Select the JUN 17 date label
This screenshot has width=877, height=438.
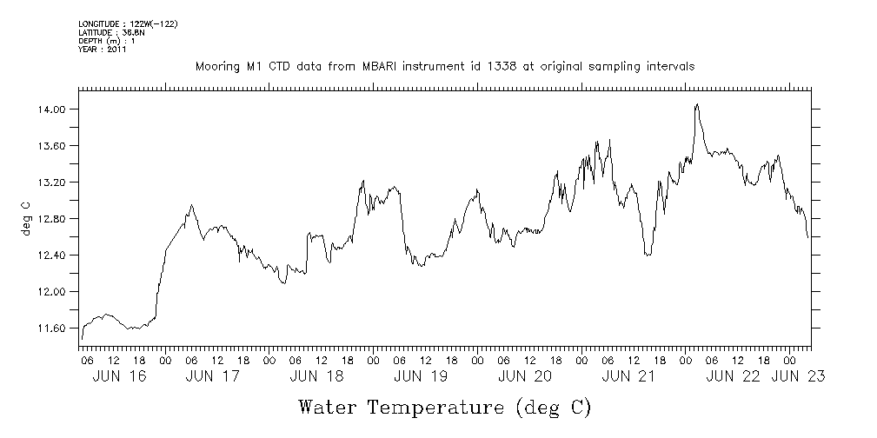(212, 376)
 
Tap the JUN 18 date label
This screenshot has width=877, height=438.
(316, 376)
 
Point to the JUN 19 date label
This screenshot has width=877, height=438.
(421, 376)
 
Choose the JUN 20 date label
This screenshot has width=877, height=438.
(525, 376)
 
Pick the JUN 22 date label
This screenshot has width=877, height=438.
(733, 376)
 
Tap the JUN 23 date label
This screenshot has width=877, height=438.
(797, 376)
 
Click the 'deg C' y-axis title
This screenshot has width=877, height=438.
(26, 219)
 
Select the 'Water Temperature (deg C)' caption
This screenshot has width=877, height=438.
(445, 408)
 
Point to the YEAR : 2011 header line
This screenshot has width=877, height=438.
(103, 50)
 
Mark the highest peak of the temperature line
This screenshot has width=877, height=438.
(697, 104)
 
